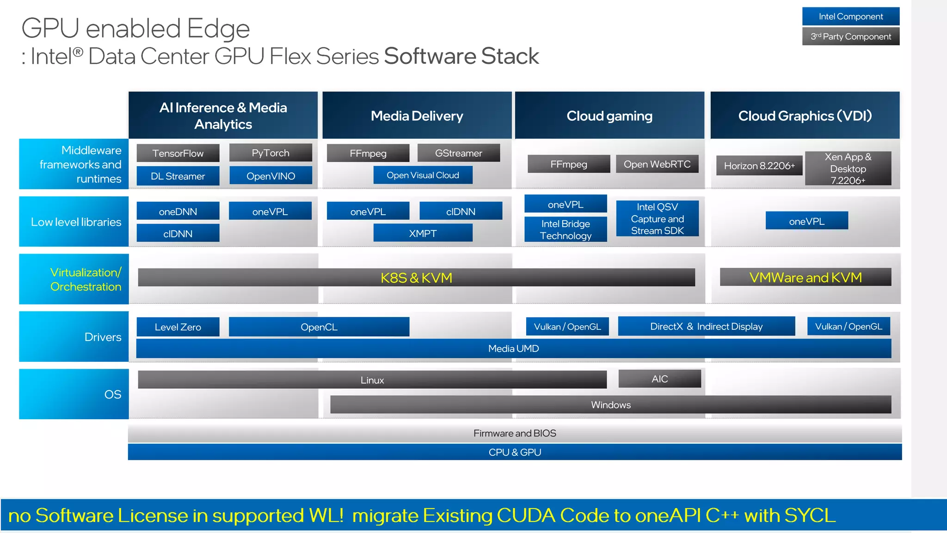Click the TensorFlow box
point(178,153)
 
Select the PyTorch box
point(271,153)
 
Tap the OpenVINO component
point(271,176)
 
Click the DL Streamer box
point(178,176)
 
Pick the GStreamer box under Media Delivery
point(458,153)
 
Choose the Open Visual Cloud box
point(423,175)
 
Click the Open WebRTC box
point(657,164)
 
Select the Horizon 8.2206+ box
point(759,166)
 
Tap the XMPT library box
point(423,233)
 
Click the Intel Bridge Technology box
point(566,229)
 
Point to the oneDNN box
point(178,211)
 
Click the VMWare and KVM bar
point(806,277)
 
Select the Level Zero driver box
point(178,327)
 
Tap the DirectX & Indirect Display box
point(706,327)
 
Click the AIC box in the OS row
point(659,379)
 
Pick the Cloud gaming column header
point(609,116)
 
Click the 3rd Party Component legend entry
point(851,37)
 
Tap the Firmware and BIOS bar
point(515,433)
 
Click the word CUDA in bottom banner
point(526,515)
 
